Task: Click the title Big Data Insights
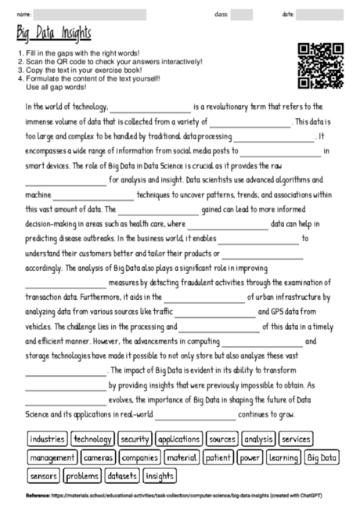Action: click(54, 34)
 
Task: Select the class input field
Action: click(242, 14)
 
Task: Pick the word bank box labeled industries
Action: click(46, 439)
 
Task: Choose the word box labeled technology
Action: click(92, 439)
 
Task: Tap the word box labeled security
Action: click(135, 439)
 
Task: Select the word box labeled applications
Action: click(179, 439)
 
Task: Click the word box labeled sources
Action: click(222, 439)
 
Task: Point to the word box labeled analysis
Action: click(257, 439)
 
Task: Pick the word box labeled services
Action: click(296, 439)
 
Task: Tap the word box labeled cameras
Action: click(98, 457)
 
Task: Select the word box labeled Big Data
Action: click(322, 457)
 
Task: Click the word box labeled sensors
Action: click(43, 475)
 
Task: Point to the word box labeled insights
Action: click(160, 475)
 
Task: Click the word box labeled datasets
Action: click(121, 475)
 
